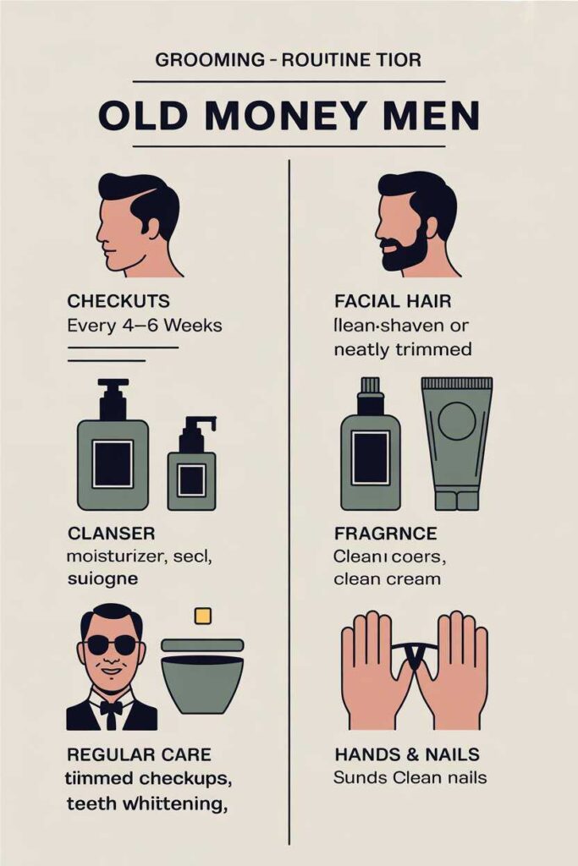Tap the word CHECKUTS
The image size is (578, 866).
click(x=118, y=302)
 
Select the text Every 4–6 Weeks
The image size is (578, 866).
click(x=144, y=325)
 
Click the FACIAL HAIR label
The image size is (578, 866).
click(x=393, y=302)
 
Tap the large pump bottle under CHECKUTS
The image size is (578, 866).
click(x=113, y=448)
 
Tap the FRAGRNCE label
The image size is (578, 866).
click(x=385, y=534)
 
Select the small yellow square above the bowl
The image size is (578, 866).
click(x=202, y=616)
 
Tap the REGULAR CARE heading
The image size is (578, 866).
click(x=139, y=754)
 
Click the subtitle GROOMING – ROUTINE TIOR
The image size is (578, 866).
click(x=289, y=61)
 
